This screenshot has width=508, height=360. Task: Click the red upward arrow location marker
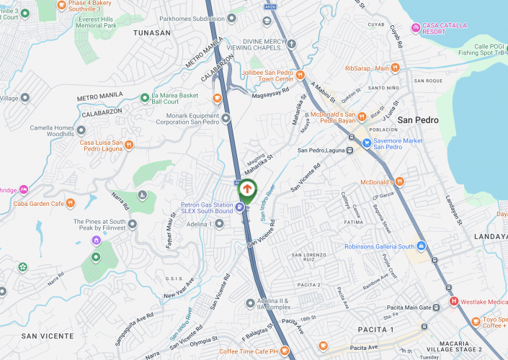[x=247, y=189]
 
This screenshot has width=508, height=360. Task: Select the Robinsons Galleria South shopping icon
[x=421, y=246]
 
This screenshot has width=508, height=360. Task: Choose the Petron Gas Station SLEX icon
[x=239, y=207]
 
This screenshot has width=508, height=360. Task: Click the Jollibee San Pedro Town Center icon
[x=217, y=98]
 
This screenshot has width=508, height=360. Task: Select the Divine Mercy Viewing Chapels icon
[x=291, y=44]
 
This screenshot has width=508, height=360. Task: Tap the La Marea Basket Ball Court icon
[x=144, y=97]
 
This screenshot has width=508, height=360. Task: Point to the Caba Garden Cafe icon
[x=70, y=203]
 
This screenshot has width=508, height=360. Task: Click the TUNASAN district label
[x=152, y=33]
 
